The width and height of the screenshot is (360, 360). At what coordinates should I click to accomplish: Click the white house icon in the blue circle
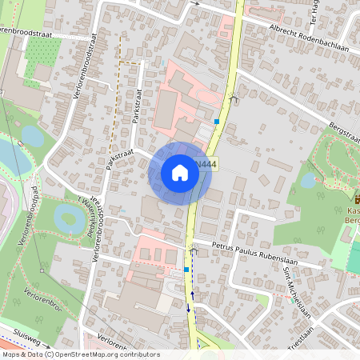point(180,173)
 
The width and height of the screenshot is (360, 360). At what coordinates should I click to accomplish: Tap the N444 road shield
point(206,165)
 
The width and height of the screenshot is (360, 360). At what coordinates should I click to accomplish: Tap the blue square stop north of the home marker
point(216,122)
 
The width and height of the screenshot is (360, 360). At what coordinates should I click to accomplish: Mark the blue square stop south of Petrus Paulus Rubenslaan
point(186,270)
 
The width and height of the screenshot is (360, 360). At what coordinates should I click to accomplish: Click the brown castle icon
point(357,198)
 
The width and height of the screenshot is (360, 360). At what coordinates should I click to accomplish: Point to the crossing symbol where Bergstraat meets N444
point(233,98)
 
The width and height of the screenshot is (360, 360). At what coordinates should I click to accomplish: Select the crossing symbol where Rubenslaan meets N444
point(193,250)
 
